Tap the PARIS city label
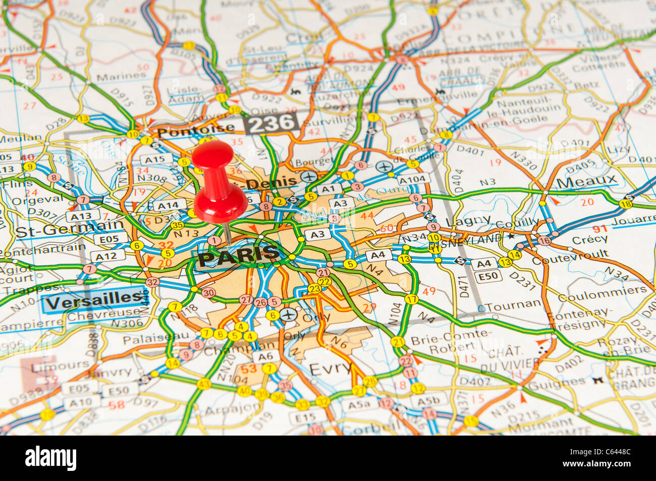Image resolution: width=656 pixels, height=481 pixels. click(238, 255)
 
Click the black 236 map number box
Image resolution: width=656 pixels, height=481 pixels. click(271, 123)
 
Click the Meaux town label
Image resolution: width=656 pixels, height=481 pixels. click(586, 180)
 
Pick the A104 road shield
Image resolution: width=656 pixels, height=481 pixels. click(413, 179)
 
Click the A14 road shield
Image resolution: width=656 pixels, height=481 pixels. click(169, 205)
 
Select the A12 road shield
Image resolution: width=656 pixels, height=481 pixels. click(106, 256)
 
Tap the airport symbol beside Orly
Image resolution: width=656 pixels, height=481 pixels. click(288, 314)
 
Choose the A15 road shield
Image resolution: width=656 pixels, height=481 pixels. click(156, 159)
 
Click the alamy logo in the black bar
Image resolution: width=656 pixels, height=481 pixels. click(51, 458)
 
